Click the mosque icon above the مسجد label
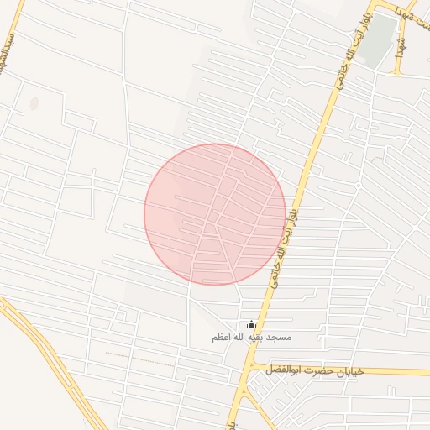pyautogui.click(x=251, y=325)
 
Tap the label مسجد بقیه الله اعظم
pyautogui.click(x=251, y=338)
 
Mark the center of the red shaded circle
pyautogui.click(x=215, y=214)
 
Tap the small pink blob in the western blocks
pyautogui.click(x=34, y=104)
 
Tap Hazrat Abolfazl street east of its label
pyautogui.click(x=395, y=371)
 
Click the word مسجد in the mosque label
pyautogui.click(x=278, y=338)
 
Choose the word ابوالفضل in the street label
pyautogui.click(x=281, y=370)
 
